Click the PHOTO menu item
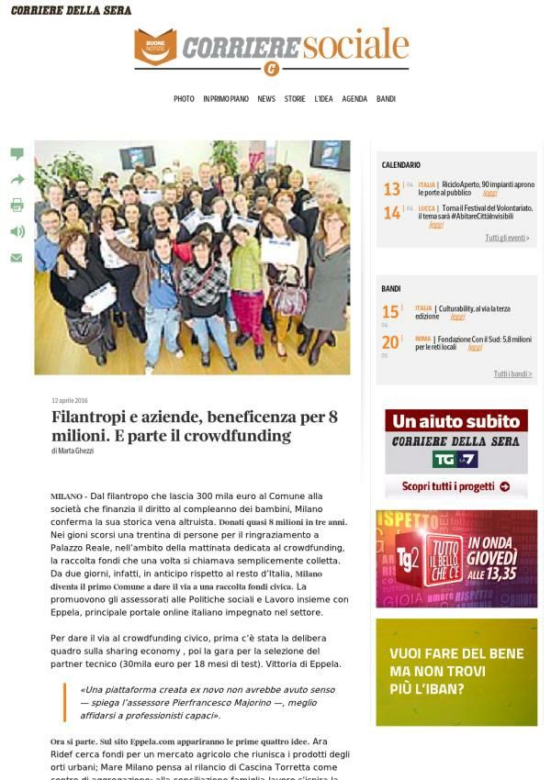click(x=184, y=99)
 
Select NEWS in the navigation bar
click(x=266, y=99)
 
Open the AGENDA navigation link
click(x=354, y=99)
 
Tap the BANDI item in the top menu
click(x=386, y=99)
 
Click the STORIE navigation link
click(x=295, y=99)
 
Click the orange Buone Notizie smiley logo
click(x=155, y=47)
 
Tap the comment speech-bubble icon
click(x=17, y=154)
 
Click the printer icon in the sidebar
click(x=17, y=206)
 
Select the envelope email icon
click(x=17, y=258)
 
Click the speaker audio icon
click(x=17, y=231)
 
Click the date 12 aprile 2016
click(x=70, y=400)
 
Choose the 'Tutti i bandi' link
click(x=512, y=373)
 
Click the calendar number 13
click(x=392, y=189)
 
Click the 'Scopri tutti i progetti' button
click(x=455, y=486)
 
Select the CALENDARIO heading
click(x=401, y=165)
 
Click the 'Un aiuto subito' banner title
click(x=455, y=421)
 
